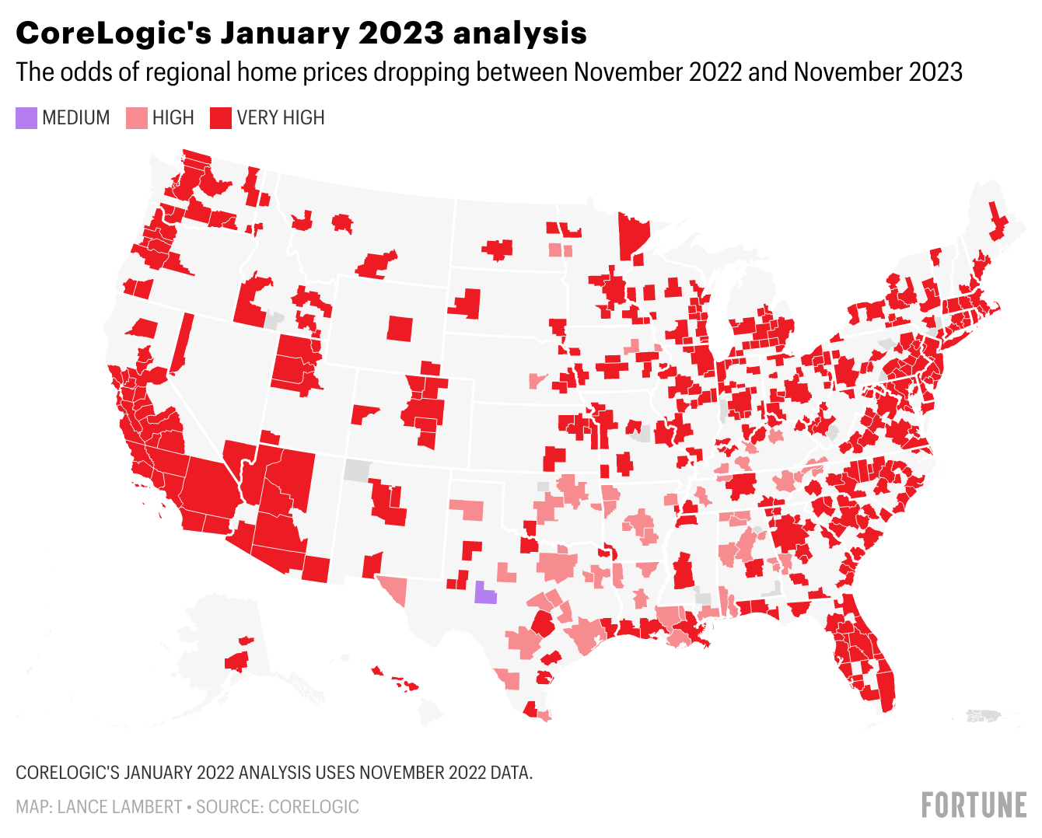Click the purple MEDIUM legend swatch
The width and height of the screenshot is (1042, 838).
coord(26,118)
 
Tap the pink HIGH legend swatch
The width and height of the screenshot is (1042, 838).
coord(137,118)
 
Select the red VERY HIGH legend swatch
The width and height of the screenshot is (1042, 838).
coord(222,118)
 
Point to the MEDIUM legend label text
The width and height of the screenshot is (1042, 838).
coord(76,118)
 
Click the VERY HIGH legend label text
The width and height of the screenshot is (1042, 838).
coord(281,118)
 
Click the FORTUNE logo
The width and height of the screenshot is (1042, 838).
coord(974,805)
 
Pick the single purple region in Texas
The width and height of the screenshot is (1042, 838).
coord(485,593)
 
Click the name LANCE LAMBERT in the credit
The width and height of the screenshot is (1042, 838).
coord(119,807)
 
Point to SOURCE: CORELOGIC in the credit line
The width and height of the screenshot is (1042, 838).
coord(278,807)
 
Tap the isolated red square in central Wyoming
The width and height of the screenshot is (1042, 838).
coord(400,328)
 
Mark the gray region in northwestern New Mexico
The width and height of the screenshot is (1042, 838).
coord(357,470)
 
